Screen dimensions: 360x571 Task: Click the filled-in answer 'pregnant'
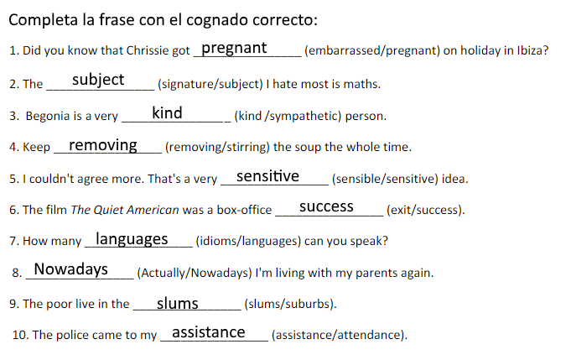tap(235, 49)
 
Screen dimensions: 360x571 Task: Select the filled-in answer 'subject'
tap(98, 80)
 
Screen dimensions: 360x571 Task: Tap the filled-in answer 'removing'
tap(103, 145)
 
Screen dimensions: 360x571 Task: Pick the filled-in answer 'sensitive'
tap(267, 176)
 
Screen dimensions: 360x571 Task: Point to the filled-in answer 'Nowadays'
tap(71, 269)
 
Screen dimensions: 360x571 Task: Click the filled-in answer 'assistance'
tap(209, 332)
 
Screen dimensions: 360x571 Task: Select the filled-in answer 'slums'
tap(178, 303)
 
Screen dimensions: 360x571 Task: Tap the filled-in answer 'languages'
tap(132, 239)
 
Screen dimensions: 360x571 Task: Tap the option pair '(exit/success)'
tap(425, 210)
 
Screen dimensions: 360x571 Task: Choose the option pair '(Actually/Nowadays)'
tap(194, 273)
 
